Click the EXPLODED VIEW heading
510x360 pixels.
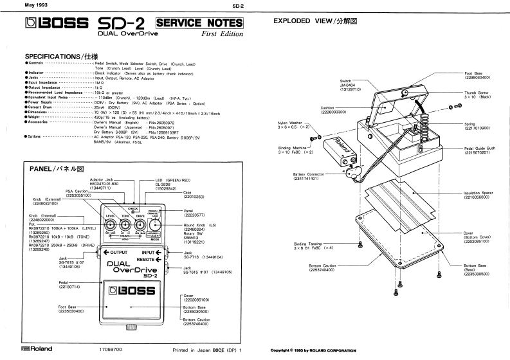click(x=315, y=21)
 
